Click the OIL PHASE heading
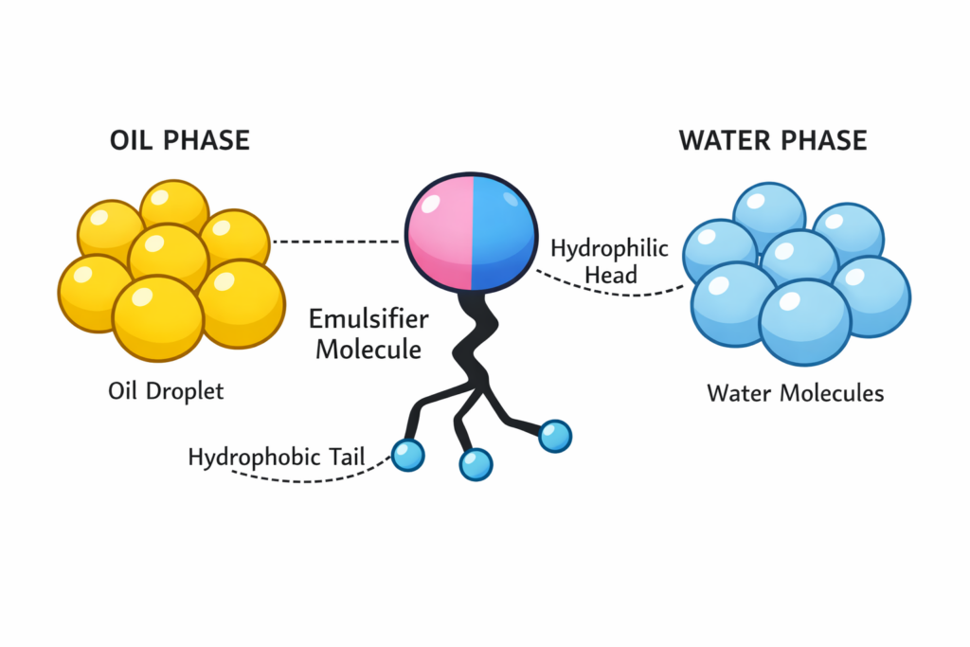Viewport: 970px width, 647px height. [179, 141]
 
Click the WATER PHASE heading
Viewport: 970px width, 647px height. [772, 141]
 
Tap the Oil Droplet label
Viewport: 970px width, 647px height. [166, 390]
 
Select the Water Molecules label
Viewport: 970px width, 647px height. [795, 392]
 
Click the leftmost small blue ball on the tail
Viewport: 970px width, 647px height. [407, 455]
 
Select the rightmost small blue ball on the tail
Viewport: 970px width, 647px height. [554, 436]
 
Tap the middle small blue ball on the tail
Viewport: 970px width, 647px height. [476, 463]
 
